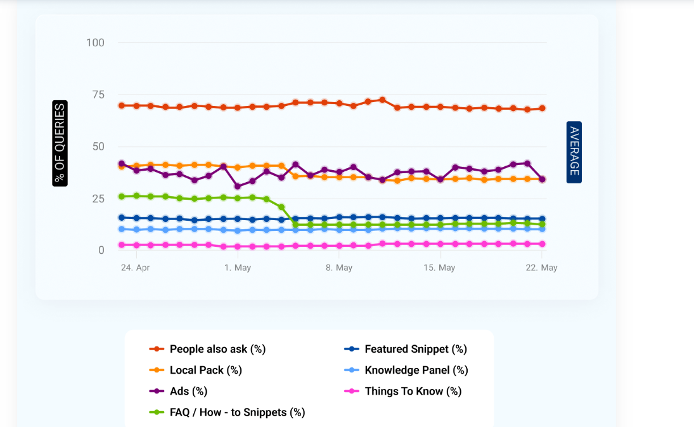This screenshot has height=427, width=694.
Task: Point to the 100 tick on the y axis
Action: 95,43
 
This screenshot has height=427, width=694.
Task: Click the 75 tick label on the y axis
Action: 98,95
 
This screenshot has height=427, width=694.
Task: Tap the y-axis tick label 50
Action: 98,147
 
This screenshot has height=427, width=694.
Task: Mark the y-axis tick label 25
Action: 98,199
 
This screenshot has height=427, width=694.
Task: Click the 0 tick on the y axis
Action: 101,251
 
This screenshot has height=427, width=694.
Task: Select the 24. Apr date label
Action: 135,268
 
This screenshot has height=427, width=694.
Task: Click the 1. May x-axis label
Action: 238,268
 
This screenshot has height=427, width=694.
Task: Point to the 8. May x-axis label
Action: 339,268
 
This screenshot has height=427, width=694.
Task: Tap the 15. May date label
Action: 439,268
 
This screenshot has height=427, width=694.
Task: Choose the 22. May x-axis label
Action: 542,268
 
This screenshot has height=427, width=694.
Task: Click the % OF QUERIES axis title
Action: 60,143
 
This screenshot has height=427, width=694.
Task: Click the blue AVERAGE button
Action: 574,152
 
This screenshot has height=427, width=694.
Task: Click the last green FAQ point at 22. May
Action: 542,225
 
